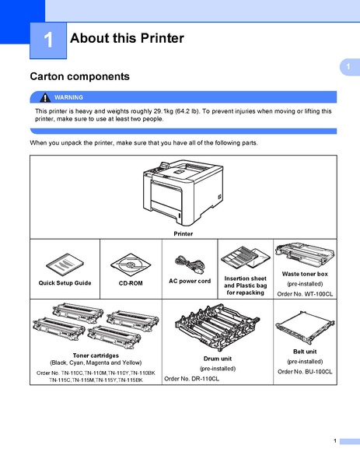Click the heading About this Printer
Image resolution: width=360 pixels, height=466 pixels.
[127, 38]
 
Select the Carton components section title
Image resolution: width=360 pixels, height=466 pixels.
[79, 77]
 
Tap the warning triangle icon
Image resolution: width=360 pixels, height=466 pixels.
[46, 97]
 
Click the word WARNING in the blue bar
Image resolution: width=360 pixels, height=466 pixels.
[68, 97]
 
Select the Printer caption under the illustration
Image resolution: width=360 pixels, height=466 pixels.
[183, 233]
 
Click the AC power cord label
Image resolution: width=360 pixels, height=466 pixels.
[190, 280]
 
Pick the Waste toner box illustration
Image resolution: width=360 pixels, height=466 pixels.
[304, 255]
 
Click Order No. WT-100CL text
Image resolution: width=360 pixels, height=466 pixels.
[305, 293]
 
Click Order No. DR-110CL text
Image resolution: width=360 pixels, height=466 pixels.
[192, 378]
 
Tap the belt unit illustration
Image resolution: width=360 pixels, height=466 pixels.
[304, 328]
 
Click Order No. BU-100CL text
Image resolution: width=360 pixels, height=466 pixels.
[305, 372]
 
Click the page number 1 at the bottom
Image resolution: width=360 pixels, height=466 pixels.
[334, 441]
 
